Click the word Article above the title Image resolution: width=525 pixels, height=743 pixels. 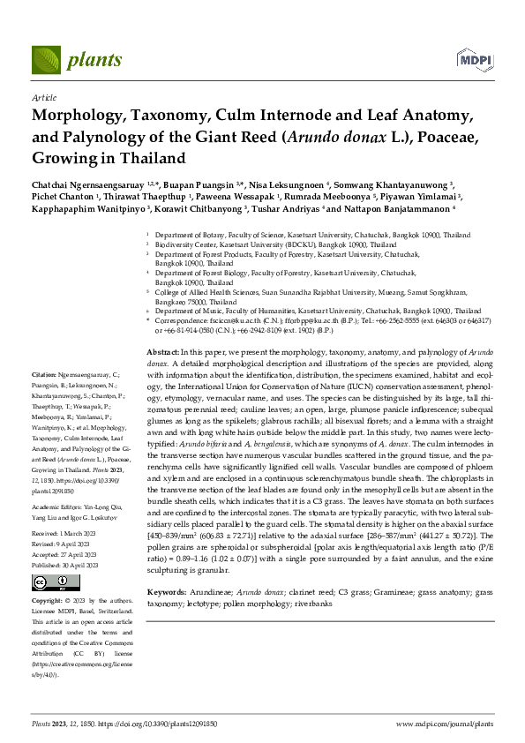point(44,98)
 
